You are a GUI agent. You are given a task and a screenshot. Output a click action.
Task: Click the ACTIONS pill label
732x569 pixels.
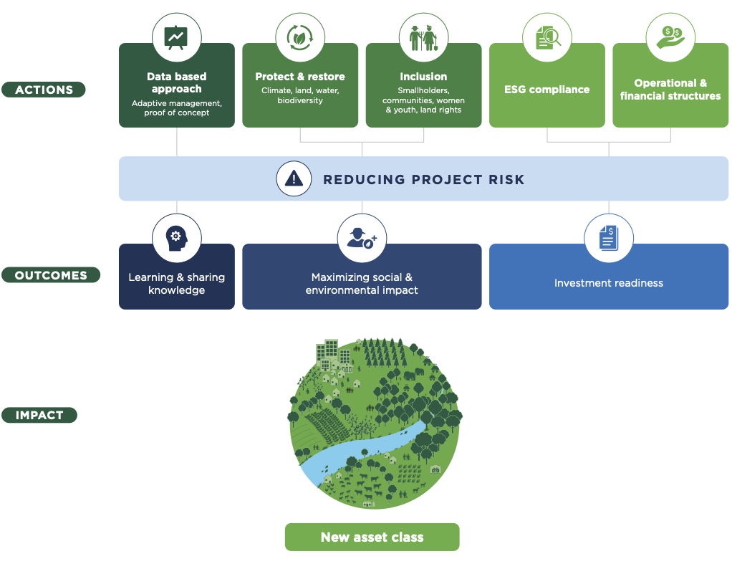44,90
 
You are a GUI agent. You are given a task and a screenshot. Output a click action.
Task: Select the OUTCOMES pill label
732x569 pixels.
51,275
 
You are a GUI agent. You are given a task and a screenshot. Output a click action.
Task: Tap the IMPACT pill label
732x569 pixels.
39,415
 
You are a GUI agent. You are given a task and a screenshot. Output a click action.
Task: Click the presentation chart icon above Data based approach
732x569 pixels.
176,37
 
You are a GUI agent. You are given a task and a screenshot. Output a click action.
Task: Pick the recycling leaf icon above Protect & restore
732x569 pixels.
299,37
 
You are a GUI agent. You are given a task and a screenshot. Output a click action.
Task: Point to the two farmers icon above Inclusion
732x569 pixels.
423,38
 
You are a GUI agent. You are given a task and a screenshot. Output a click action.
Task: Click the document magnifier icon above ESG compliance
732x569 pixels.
547,37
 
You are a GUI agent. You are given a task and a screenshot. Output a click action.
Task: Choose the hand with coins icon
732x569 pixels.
670,37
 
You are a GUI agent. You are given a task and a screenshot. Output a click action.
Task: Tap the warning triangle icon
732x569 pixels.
294,178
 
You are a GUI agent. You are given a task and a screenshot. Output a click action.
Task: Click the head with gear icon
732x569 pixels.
176,238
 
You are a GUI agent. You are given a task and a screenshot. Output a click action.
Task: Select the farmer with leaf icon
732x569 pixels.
362,238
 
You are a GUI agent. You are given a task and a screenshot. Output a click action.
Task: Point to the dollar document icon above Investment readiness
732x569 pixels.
609,238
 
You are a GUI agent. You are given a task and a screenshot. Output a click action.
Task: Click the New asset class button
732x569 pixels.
372,537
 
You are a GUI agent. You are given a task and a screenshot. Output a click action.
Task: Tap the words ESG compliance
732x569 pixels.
547,90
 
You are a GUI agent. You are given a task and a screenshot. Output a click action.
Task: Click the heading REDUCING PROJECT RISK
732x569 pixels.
423,179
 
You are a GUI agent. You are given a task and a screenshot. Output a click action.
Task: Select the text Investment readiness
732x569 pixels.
609,282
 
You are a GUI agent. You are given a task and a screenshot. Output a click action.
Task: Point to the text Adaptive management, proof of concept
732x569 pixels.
176,108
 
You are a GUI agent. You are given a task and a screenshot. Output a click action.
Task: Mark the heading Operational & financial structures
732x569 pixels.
670,90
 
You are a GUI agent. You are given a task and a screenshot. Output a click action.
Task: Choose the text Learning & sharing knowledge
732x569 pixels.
176,284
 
